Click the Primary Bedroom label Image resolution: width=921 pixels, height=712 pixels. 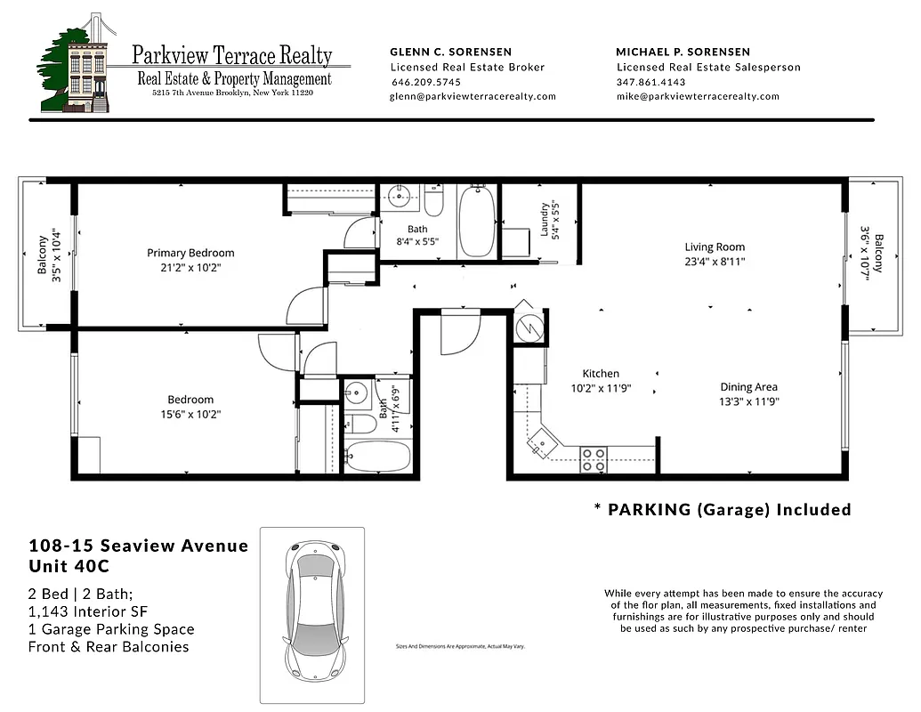pyautogui.click(x=190, y=253)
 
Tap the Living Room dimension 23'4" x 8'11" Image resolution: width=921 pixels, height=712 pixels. pyautogui.click(x=715, y=262)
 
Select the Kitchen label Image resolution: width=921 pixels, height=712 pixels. pyautogui.click(x=601, y=374)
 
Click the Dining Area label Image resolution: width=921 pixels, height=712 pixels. pyautogui.click(x=748, y=386)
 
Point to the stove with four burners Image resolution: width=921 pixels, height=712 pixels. pyautogui.click(x=594, y=459)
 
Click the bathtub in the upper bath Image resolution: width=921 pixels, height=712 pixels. pyautogui.click(x=477, y=222)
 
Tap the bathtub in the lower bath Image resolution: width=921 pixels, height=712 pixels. pyautogui.click(x=378, y=456)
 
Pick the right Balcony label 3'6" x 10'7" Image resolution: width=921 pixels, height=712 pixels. pyautogui.click(x=872, y=255)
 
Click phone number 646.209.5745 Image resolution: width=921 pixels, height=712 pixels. pyautogui.click(x=425, y=82)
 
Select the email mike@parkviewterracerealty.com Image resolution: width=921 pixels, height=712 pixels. pyautogui.click(x=698, y=96)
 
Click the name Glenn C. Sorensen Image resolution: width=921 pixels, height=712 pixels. pyautogui.click(x=451, y=52)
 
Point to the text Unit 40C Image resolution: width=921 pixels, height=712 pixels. pyautogui.click(x=72, y=566)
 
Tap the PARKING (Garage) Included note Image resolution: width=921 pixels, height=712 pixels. pyautogui.click(x=723, y=509)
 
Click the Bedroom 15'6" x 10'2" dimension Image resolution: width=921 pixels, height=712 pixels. pyautogui.click(x=190, y=414)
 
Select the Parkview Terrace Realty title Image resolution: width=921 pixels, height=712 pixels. pyautogui.click(x=232, y=55)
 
